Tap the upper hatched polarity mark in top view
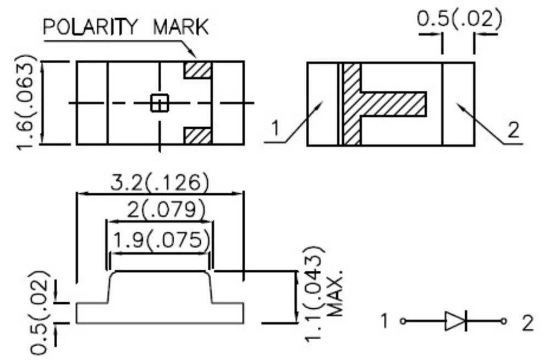tap(197, 70)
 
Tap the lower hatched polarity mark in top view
tap(197, 135)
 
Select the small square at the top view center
tap(159, 103)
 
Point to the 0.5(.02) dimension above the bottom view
tap(459, 19)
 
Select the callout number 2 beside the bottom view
tap(513, 130)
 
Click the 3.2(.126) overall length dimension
tap(159, 182)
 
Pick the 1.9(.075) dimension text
tap(160, 241)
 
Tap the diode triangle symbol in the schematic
tap(454, 321)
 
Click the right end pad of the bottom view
tap(458, 104)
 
